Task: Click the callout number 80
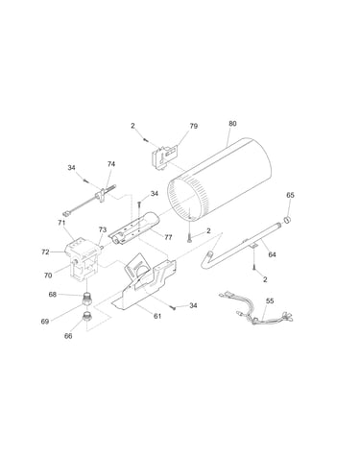click(x=232, y=123)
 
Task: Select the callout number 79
click(x=194, y=126)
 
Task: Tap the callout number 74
click(x=111, y=164)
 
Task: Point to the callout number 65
click(x=290, y=195)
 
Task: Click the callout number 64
click(x=272, y=254)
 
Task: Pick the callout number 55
click(x=270, y=300)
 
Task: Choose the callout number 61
click(x=157, y=316)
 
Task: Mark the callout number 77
click(x=168, y=237)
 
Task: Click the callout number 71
click(x=61, y=223)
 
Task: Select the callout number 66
click(x=68, y=336)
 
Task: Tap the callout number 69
click(x=45, y=322)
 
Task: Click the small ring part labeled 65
click(x=287, y=219)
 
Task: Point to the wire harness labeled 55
click(x=256, y=309)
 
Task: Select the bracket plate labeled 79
click(x=164, y=156)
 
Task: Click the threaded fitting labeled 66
click(x=87, y=316)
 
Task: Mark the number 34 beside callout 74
click(x=71, y=167)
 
